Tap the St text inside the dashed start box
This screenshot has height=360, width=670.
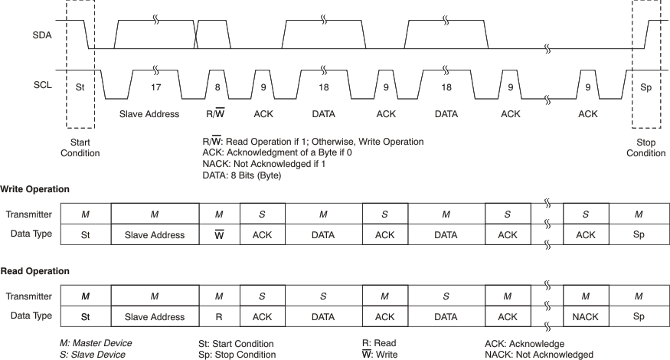pos(80,87)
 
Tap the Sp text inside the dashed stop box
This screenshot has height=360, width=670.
pos(645,87)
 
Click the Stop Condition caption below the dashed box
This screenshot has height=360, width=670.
pos(645,148)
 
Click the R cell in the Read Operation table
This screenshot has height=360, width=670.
pos(219,316)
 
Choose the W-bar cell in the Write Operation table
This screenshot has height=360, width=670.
pos(219,235)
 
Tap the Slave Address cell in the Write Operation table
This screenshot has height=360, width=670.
pos(154,235)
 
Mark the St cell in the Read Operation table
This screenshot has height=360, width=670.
pos(85,316)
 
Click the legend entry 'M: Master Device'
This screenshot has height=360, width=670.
pos(95,343)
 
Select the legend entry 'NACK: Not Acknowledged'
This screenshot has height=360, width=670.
pos(538,354)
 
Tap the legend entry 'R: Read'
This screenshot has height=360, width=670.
pos(379,343)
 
